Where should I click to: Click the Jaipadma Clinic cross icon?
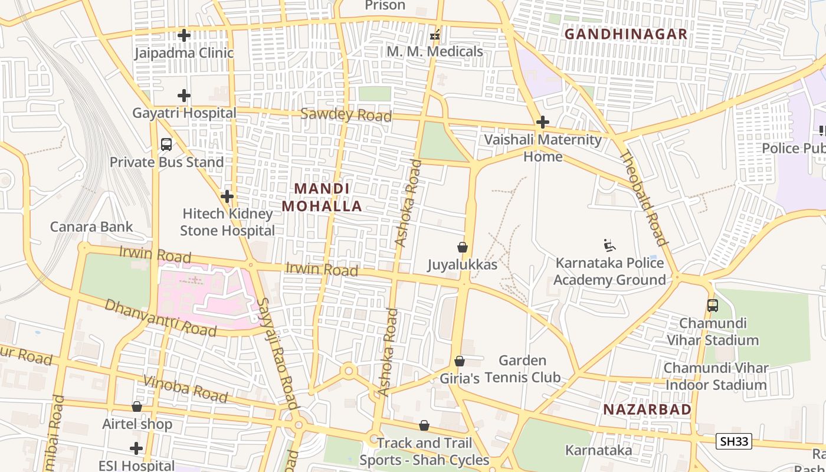click(184, 35)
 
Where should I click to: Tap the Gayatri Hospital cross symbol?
click(184, 95)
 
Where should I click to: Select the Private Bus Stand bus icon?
click(166, 144)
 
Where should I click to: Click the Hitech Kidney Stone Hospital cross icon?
click(227, 196)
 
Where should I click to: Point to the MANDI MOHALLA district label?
click(322, 197)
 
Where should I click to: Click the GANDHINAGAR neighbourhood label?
click(626, 34)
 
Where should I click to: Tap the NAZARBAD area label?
click(647, 409)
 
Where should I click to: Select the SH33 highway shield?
click(734, 441)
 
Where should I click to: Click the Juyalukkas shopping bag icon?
click(463, 247)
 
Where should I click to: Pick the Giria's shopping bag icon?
click(460, 361)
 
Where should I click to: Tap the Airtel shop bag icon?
click(137, 407)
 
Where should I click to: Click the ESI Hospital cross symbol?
click(136, 448)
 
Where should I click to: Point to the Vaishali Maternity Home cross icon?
click(543, 122)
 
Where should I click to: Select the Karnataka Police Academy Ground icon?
click(609, 245)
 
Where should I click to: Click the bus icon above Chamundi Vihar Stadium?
click(713, 306)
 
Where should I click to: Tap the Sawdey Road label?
click(346, 114)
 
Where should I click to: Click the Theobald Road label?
click(644, 198)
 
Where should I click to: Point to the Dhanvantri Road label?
click(160, 317)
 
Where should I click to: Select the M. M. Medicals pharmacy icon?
click(435, 35)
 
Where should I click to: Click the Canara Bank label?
click(91, 227)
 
